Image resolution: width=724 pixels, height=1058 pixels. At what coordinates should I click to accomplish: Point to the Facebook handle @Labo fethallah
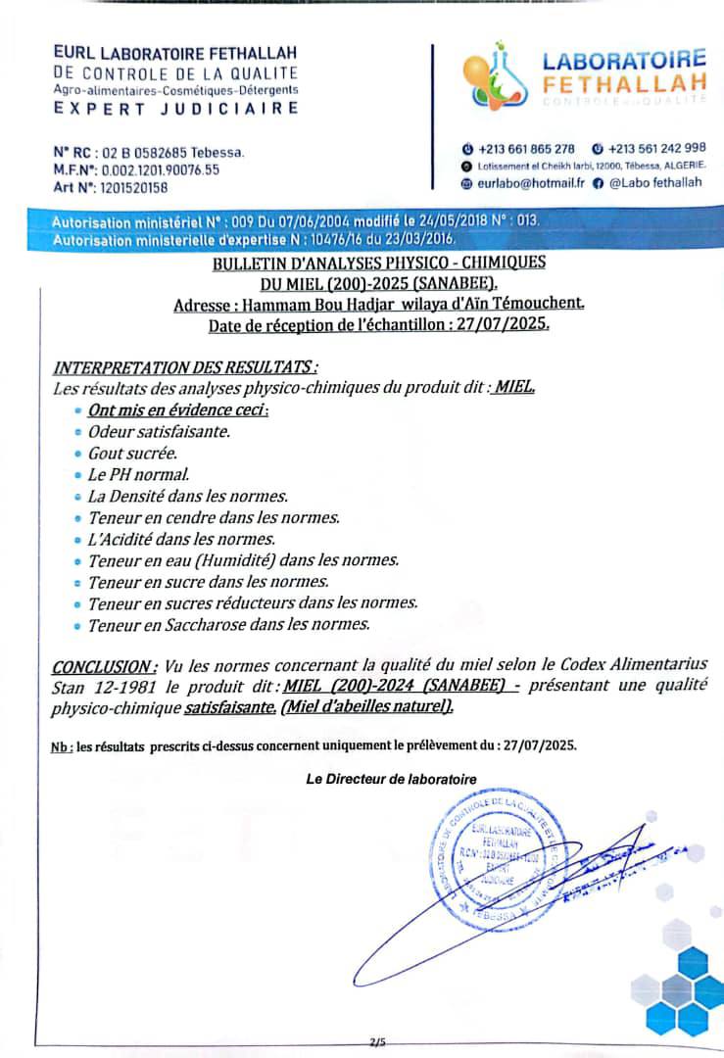(x=654, y=182)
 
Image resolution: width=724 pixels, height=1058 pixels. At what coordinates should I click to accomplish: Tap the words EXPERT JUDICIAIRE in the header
(x=176, y=109)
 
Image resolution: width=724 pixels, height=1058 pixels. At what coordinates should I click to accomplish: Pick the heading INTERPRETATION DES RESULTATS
(x=184, y=367)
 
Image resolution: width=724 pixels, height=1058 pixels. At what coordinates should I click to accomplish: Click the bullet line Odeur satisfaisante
(x=159, y=431)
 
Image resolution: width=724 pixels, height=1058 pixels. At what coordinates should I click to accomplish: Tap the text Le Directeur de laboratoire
(x=391, y=780)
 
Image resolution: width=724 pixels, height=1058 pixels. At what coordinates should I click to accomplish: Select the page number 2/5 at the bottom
(x=378, y=1042)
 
